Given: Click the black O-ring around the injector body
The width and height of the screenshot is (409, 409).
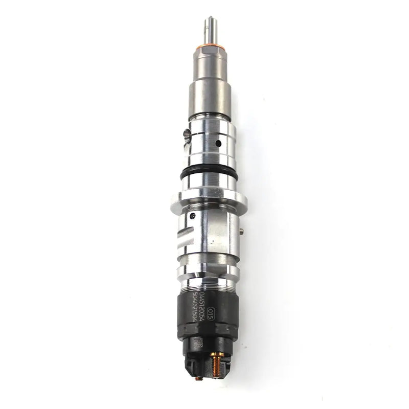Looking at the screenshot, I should click(x=209, y=174).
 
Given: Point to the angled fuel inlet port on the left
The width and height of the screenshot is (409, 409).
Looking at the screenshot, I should click(x=187, y=135).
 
